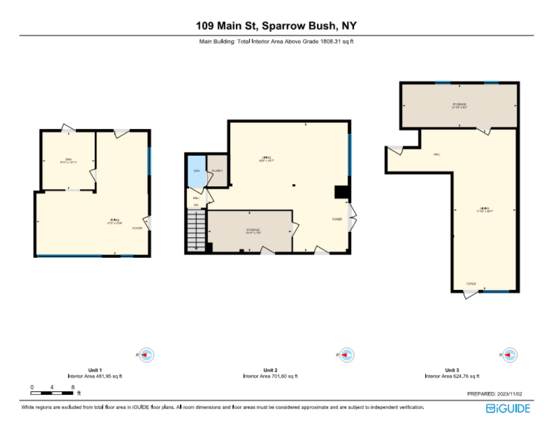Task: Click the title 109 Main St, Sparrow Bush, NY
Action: (276, 26)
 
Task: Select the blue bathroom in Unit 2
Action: (196, 171)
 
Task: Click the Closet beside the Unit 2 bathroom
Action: (217, 171)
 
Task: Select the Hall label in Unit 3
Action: (437, 154)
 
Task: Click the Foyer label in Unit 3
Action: (471, 284)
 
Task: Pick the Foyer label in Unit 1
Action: (137, 228)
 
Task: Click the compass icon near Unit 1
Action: (146, 355)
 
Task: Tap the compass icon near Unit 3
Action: (509, 355)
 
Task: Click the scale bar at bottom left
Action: (52, 393)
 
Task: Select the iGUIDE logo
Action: (508, 408)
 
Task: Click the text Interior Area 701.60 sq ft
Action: (270, 376)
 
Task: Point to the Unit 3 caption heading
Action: (452, 370)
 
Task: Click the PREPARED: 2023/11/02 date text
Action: (494, 394)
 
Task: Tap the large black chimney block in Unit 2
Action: (341, 192)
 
